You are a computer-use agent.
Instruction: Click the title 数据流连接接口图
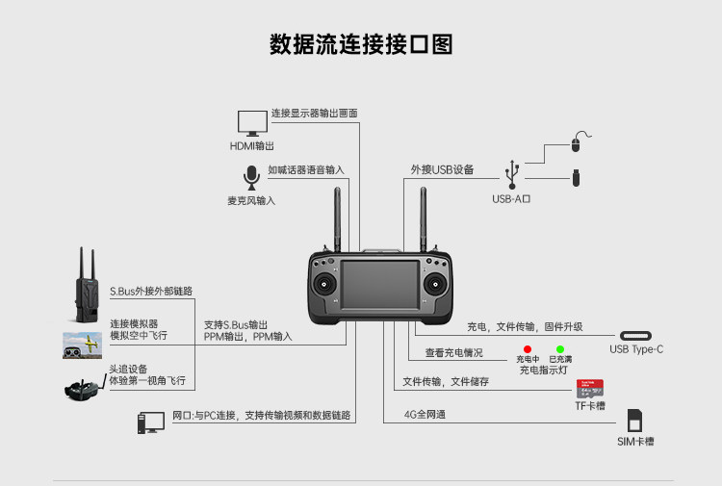pos(361,44)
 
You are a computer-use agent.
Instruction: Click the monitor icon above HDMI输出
pos(252,123)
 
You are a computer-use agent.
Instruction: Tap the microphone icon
pos(251,178)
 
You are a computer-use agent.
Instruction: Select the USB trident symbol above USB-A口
pos(512,174)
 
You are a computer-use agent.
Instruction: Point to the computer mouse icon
pos(579,141)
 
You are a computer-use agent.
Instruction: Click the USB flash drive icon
pos(576,178)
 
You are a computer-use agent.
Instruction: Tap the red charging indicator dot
pos(528,349)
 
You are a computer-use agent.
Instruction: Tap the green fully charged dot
pos(560,349)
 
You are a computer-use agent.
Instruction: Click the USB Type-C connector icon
pos(635,336)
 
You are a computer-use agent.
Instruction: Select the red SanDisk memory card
pos(590,389)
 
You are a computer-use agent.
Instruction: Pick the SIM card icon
pos(634,421)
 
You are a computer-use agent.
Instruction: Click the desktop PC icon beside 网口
pos(151,422)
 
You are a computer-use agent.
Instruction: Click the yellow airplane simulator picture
pos(83,345)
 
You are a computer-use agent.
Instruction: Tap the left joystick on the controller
pos(324,284)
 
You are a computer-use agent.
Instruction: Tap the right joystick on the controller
pos(435,284)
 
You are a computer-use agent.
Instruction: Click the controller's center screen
pos(380,285)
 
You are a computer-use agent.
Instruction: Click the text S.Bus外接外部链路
pos(151,291)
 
